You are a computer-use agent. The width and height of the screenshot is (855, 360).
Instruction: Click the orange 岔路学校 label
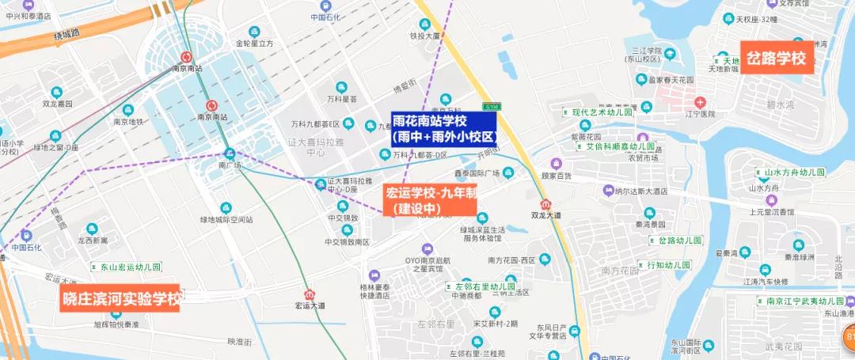point(777,58)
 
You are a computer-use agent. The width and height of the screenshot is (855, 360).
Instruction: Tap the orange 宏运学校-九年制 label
point(430,200)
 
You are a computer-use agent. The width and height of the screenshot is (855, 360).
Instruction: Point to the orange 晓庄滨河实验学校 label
point(121,298)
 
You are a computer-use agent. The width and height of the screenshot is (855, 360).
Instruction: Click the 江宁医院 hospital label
point(701,114)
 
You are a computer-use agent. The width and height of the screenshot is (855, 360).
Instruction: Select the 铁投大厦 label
point(424,36)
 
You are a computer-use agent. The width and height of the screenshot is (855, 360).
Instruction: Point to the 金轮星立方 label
point(254,44)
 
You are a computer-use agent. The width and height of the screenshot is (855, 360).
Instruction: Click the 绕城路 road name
point(67,33)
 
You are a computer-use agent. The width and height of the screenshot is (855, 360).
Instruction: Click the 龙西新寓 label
point(92,240)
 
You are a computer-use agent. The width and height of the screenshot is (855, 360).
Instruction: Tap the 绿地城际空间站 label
point(226,219)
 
